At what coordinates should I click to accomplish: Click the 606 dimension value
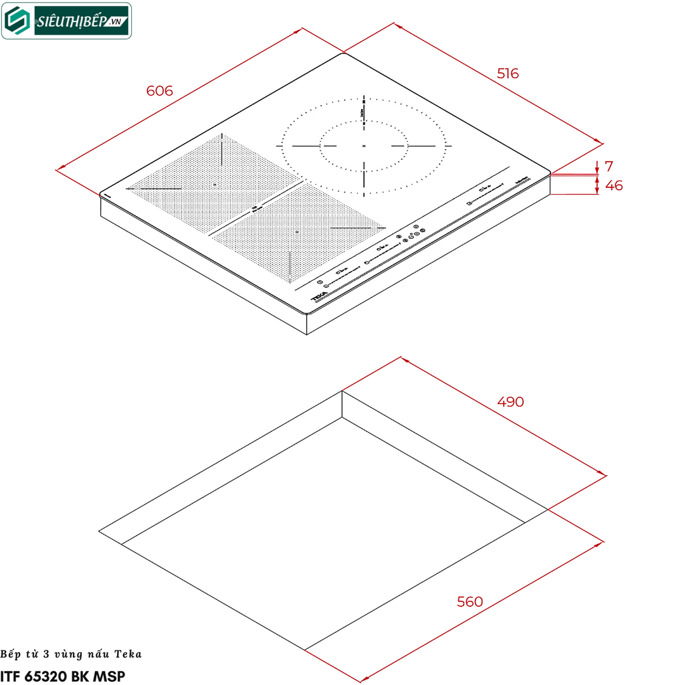coord(159,91)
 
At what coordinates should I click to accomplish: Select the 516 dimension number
coord(508,74)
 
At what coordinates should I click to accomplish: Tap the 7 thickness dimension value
coord(609,166)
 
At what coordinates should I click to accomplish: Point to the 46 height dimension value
coord(613,186)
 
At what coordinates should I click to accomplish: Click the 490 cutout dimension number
coord(510,402)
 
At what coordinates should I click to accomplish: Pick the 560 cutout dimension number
coord(470,602)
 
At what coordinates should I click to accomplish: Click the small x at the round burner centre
coord(364,146)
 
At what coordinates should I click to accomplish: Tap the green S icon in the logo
coord(19,21)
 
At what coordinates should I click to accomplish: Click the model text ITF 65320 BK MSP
coord(63,676)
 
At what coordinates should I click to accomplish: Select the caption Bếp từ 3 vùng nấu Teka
coord(71,654)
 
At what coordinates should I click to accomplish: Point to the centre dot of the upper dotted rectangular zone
coord(214,184)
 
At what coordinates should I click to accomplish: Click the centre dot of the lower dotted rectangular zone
coord(296,231)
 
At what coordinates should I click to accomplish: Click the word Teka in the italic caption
coord(128,654)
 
